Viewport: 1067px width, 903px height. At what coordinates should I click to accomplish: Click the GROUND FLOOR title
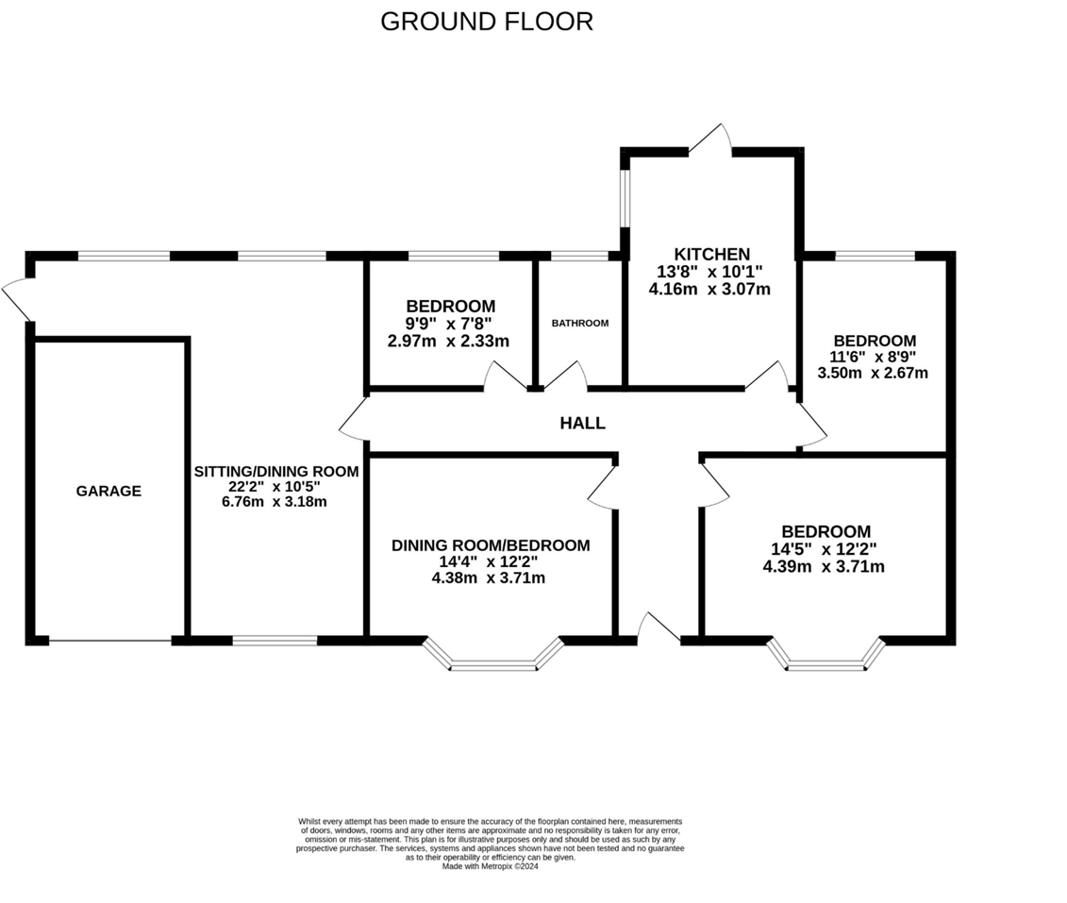[x=487, y=22]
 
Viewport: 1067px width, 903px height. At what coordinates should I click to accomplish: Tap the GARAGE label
[x=108, y=491]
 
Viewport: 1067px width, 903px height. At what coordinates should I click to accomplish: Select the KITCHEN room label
[x=711, y=254]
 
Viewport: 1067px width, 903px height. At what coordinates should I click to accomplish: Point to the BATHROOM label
[x=580, y=323]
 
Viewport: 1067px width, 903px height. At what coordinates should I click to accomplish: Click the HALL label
[x=582, y=424]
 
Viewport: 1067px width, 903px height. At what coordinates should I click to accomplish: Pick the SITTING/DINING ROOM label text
[x=275, y=472]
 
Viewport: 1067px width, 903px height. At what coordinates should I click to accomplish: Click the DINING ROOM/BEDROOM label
[x=491, y=545]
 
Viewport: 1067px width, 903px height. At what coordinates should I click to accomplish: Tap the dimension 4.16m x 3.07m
[x=709, y=290]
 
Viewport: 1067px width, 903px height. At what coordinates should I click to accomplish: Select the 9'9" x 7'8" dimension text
[x=450, y=324]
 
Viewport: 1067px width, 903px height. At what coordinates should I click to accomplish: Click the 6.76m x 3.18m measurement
[x=275, y=501]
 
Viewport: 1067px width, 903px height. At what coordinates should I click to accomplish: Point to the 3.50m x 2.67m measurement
[x=873, y=373]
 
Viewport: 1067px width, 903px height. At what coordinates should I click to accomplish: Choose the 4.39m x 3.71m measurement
[x=824, y=567]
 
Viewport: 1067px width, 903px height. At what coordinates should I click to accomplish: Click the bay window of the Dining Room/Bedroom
[x=493, y=659]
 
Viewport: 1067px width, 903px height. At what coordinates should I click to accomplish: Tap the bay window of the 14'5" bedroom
[x=825, y=659]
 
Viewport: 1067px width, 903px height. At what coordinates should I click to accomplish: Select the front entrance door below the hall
[x=658, y=628]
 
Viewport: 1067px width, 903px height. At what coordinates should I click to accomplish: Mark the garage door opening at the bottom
[x=110, y=641]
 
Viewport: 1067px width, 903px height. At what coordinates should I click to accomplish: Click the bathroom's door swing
[x=565, y=375]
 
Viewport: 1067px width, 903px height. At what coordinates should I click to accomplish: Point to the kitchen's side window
[x=625, y=198]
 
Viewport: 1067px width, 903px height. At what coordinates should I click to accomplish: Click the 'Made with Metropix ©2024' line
[x=490, y=866]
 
